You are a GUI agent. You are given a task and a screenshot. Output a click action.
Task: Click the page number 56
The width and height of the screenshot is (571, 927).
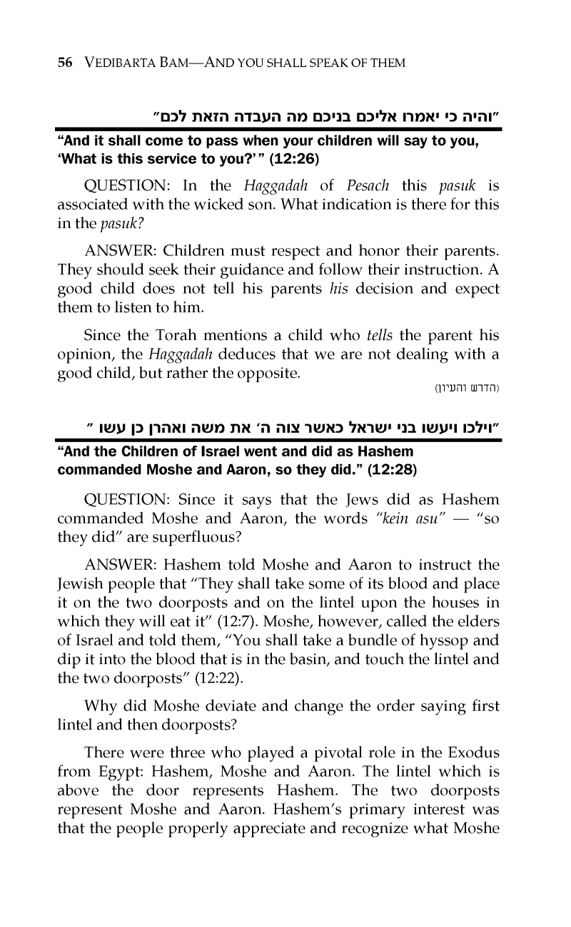(64, 63)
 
